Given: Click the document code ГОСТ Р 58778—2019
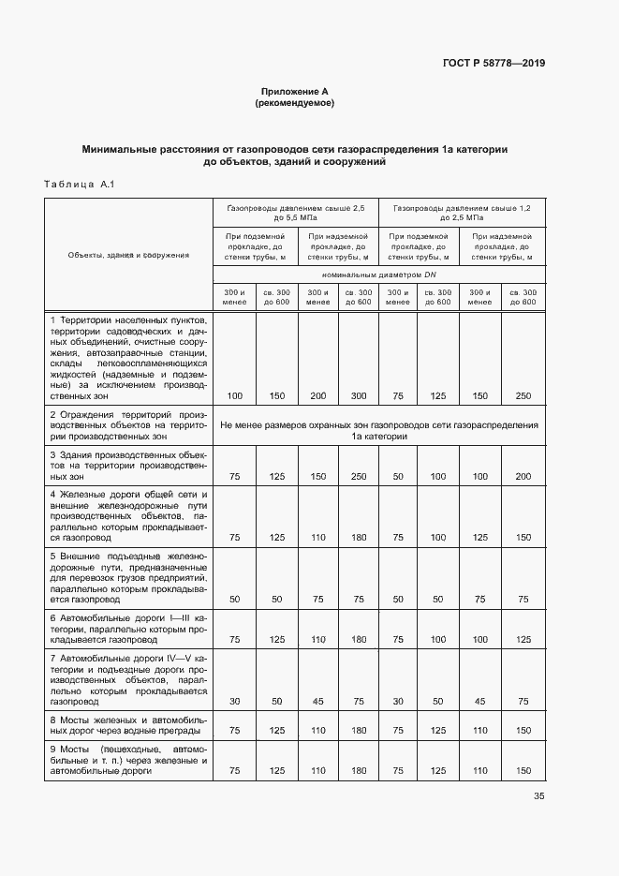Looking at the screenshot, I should pyautogui.click(x=493, y=64).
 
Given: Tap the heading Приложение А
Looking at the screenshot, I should pyautogui.click(x=294, y=92).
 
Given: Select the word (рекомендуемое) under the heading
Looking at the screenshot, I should pyautogui.click(x=294, y=103).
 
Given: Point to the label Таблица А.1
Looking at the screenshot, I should pyautogui.click(x=78, y=185).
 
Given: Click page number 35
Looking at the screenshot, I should pyautogui.click(x=538, y=796).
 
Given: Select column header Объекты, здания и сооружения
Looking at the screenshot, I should pyautogui.click(x=128, y=254).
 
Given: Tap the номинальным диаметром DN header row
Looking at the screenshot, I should pyautogui.click(x=379, y=276).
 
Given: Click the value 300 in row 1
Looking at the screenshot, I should pyautogui.click(x=358, y=396).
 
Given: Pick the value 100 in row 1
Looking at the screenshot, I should pyautogui.click(x=234, y=396).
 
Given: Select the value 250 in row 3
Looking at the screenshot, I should pyautogui.click(x=358, y=477).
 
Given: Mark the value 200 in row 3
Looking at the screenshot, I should pyautogui.click(x=523, y=477).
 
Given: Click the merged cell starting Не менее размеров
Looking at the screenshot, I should pyautogui.click(x=379, y=430).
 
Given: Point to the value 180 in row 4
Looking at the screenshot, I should pyautogui.click(x=358, y=537).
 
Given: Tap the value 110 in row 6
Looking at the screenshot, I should pyautogui.click(x=317, y=640).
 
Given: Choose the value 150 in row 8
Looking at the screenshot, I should pyautogui.click(x=523, y=730).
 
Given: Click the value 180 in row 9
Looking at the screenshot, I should pyautogui.click(x=358, y=771).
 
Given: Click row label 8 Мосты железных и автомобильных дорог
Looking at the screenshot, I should pyautogui.click(x=128, y=726).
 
